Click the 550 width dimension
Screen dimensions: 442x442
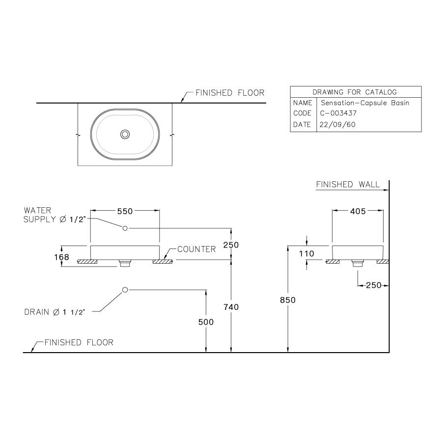[x=125, y=211]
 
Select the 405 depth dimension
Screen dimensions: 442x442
[x=358, y=211]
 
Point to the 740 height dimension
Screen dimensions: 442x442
[x=231, y=307]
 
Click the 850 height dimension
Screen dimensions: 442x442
[x=288, y=300]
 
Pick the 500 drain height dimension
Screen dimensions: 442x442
[x=206, y=322]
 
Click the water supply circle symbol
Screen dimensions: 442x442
[x=125, y=228]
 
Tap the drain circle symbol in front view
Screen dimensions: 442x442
[x=125, y=290]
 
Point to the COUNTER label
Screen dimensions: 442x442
[x=196, y=249]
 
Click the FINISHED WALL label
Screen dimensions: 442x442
[x=348, y=185]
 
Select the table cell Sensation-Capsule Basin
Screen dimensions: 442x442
[x=364, y=103]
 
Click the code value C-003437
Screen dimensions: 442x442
[x=338, y=113]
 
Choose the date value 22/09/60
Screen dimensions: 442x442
[x=337, y=125]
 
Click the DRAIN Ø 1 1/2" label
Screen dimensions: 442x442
[x=55, y=312]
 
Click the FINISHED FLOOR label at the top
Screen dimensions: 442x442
[x=230, y=92]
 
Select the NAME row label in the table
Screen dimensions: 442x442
[x=302, y=103]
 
